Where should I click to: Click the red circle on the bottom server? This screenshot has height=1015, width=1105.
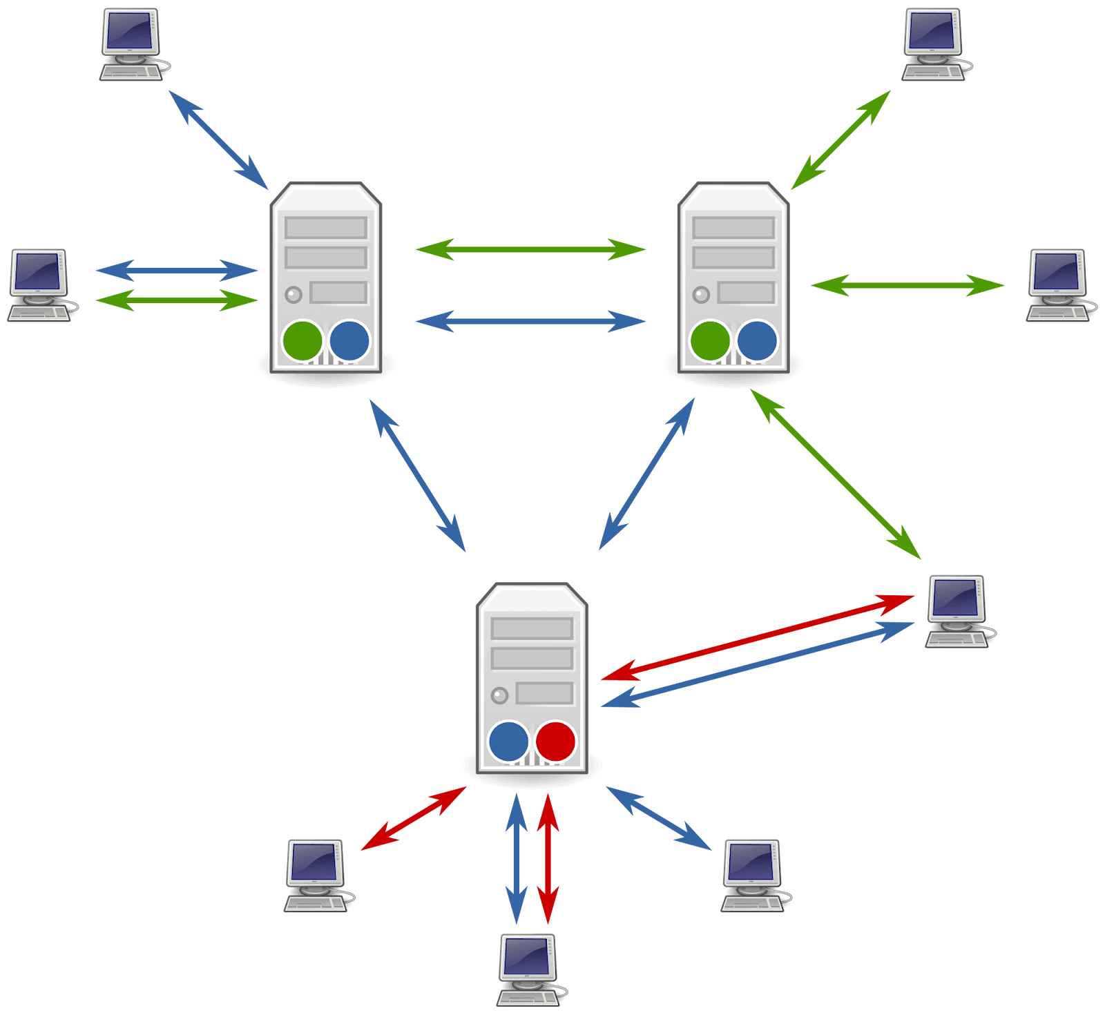click(x=555, y=742)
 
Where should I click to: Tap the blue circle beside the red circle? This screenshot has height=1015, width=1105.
click(x=508, y=742)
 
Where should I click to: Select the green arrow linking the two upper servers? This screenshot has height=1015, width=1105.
click(x=530, y=249)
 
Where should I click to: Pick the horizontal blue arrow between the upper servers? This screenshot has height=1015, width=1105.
click(x=530, y=321)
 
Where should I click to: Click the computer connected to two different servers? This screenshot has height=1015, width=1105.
click(x=959, y=611)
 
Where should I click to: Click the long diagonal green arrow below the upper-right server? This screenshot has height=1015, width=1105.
click(x=836, y=474)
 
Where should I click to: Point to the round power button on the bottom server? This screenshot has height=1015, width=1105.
click(x=499, y=695)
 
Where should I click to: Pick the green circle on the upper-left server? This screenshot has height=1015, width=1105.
click(x=302, y=341)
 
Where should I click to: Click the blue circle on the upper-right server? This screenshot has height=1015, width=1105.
click(x=757, y=341)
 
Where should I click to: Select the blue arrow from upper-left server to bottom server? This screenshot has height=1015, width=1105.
click(x=418, y=476)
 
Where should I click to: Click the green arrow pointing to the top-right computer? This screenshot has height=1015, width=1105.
click(x=841, y=139)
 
